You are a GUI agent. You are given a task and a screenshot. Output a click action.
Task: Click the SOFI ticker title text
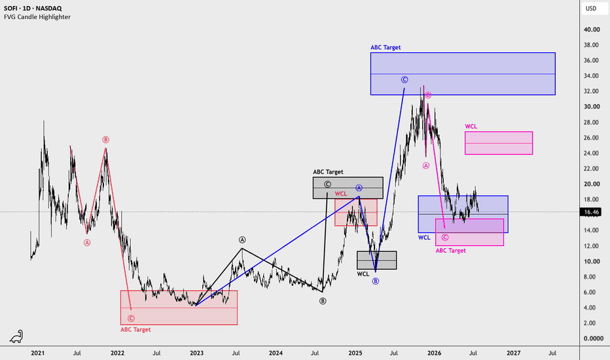click(33, 8)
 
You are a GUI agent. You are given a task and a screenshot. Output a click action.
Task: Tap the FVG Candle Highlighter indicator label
click(37, 17)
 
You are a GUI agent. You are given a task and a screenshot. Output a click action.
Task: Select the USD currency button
click(591, 8)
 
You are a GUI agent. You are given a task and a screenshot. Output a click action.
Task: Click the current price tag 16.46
click(591, 212)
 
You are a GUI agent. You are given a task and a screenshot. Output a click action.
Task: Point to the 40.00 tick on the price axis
click(592, 29)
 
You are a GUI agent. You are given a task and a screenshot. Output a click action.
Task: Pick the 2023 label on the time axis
click(196, 353)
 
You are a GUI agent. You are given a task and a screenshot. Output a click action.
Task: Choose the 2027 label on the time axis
click(514, 353)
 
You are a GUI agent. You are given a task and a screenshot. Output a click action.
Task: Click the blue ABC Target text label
click(386, 48)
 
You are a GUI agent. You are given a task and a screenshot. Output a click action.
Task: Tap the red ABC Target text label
click(135, 330)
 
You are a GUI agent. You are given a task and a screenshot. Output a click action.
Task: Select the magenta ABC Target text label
click(450, 251)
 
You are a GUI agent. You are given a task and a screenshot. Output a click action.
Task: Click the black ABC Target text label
click(328, 172)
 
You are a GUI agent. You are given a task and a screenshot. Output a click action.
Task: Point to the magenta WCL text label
click(471, 126)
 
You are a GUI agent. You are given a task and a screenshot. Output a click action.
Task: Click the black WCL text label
click(363, 274)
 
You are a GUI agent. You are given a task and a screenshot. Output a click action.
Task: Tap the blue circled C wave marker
click(404, 80)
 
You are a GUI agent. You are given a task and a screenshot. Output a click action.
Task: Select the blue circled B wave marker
click(376, 281)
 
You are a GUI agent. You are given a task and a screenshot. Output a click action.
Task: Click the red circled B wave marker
click(105, 139)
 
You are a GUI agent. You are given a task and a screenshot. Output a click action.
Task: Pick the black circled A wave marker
click(242, 240)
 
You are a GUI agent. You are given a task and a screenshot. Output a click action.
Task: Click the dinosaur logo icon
click(16, 336)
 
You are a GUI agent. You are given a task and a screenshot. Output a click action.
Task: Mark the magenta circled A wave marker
click(426, 166)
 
